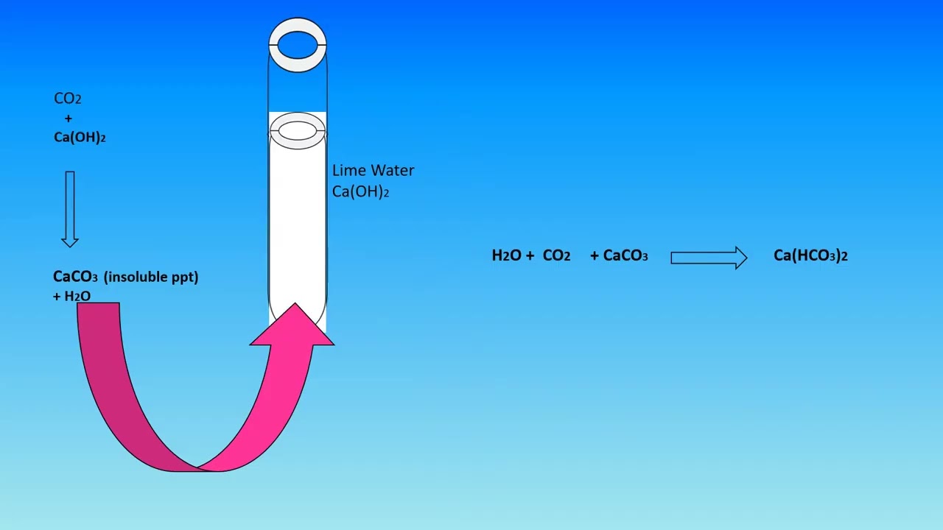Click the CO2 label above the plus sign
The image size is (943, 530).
tap(67, 99)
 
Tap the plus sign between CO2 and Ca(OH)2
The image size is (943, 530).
tap(69, 119)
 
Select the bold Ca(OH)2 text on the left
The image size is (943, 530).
tap(80, 137)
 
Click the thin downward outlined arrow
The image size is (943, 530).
tap(70, 209)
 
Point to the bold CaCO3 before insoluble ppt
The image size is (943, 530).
tap(75, 277)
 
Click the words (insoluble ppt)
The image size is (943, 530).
tap(151, 277)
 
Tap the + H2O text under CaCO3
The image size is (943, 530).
tap(71, 296)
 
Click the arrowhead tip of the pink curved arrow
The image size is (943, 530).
tap(295, 303)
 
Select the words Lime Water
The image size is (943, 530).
tap(373, 170)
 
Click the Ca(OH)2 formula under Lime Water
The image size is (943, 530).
tap(360, 191)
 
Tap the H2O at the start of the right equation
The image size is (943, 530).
tap(507, 255)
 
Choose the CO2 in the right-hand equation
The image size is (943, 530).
tap(556, 255)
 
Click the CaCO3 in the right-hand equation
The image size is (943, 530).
tap(625, 255)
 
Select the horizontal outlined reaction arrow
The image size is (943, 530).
tap(709, 258)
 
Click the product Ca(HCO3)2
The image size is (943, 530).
tap(811, 255)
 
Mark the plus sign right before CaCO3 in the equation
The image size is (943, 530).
tap(595, 255)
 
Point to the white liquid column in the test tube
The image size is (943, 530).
tap(298, 227)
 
